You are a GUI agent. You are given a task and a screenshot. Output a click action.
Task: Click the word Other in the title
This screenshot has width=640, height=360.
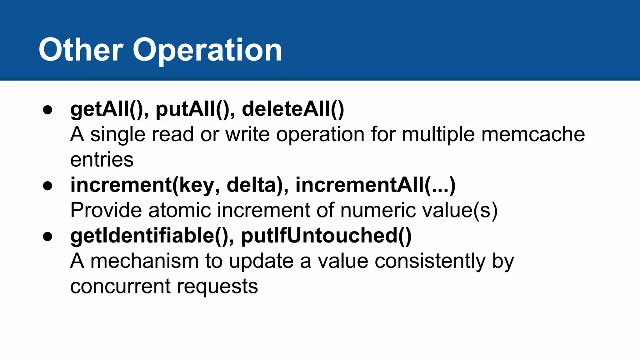81,50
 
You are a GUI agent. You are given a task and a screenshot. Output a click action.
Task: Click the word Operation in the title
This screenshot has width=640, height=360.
207,51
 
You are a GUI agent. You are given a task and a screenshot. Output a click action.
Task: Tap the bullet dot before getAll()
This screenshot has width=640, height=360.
47,110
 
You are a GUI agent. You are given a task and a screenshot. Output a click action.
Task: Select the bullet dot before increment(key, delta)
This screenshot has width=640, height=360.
47,186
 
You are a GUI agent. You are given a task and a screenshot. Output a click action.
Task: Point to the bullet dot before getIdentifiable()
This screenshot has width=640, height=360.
47,236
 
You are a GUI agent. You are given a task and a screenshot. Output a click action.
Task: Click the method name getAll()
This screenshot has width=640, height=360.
106,110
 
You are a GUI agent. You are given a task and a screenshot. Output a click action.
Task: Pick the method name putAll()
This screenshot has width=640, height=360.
192,110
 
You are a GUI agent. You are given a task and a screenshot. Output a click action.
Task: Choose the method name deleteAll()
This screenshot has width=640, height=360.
293,110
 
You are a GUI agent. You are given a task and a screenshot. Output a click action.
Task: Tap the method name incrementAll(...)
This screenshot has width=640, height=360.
375,185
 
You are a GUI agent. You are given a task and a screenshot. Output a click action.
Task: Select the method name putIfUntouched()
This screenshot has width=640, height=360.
326,236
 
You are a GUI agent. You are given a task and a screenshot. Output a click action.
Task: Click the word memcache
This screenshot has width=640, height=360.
533,134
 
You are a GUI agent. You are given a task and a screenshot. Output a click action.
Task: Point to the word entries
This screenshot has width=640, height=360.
102,160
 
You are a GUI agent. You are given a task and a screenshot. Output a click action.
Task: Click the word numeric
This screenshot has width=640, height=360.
378,210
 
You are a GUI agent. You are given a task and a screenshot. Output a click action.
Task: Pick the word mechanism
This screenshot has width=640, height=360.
144,261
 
